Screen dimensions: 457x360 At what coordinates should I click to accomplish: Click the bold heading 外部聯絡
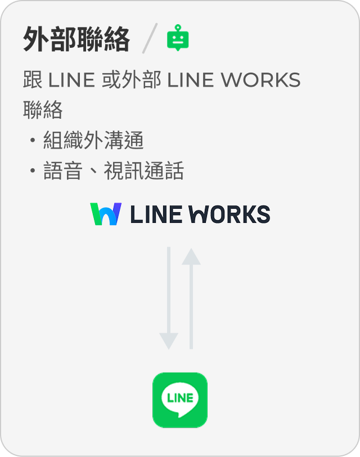pyautogui.click(x=76, y=39)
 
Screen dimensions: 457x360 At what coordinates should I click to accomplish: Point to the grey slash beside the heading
pyautogui.click(x=149, y=39)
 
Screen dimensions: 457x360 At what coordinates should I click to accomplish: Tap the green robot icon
pyautogui.click(x=178, y=38)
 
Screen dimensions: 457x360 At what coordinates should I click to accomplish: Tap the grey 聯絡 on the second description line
pyautogui.click(x=43, y=110)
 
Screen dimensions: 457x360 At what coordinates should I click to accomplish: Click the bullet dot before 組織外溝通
pyautogui.click(x=33, y=141)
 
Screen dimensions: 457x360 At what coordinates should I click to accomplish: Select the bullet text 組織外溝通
pyautogui.click(x=93, y=141)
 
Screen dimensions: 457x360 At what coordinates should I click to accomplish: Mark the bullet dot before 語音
pyautogui.click(x=33, y=171)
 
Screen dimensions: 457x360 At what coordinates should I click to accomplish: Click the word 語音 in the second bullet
pyautogui.click(x=63, y=171)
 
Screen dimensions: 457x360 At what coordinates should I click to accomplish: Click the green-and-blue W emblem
pyautogui.click(x=106, y=214)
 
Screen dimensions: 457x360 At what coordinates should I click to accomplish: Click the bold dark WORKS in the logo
pyautogui.click(x=228, y=214)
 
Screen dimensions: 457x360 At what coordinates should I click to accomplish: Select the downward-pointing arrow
pyautogui.click(x=169, y=298)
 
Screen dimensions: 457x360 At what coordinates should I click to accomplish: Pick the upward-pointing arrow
pyautogui.click(x=191, y=298)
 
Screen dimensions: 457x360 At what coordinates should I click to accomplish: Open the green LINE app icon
pyautogui.click(x=180, y=400)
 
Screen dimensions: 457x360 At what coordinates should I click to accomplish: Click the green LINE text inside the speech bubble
pyautogui.click(x=180, y=397)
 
